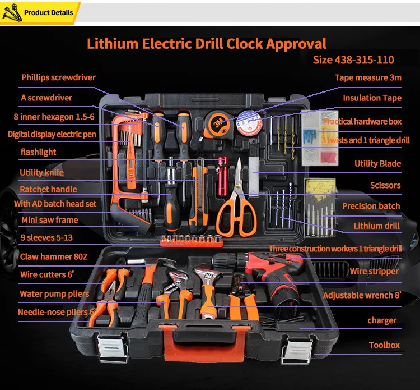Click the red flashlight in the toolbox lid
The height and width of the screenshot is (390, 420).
(x=222, y=176)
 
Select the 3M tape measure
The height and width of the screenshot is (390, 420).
(x=217, y=124)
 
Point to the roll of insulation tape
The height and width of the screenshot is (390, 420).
(x=249, y=123)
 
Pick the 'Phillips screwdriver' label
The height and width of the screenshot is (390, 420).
(x=58, y=77)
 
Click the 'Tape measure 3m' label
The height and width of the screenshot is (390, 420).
(x=368, y=77)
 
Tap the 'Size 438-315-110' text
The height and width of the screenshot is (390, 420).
(x=353, y=59)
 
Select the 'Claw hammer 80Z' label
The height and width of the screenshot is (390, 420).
(x=54, y=256)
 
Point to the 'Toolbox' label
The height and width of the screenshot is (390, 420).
(x=384, y=345)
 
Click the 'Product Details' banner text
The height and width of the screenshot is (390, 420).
(x=49, y=12)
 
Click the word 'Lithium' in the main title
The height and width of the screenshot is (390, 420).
(x=113, y=43)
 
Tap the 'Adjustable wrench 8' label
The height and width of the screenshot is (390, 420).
(x=362, y=295)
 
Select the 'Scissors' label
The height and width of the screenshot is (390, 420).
(x=385, y=185)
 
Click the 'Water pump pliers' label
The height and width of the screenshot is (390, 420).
(x=54, y=294)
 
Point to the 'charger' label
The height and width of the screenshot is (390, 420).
(x=382, y=320)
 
